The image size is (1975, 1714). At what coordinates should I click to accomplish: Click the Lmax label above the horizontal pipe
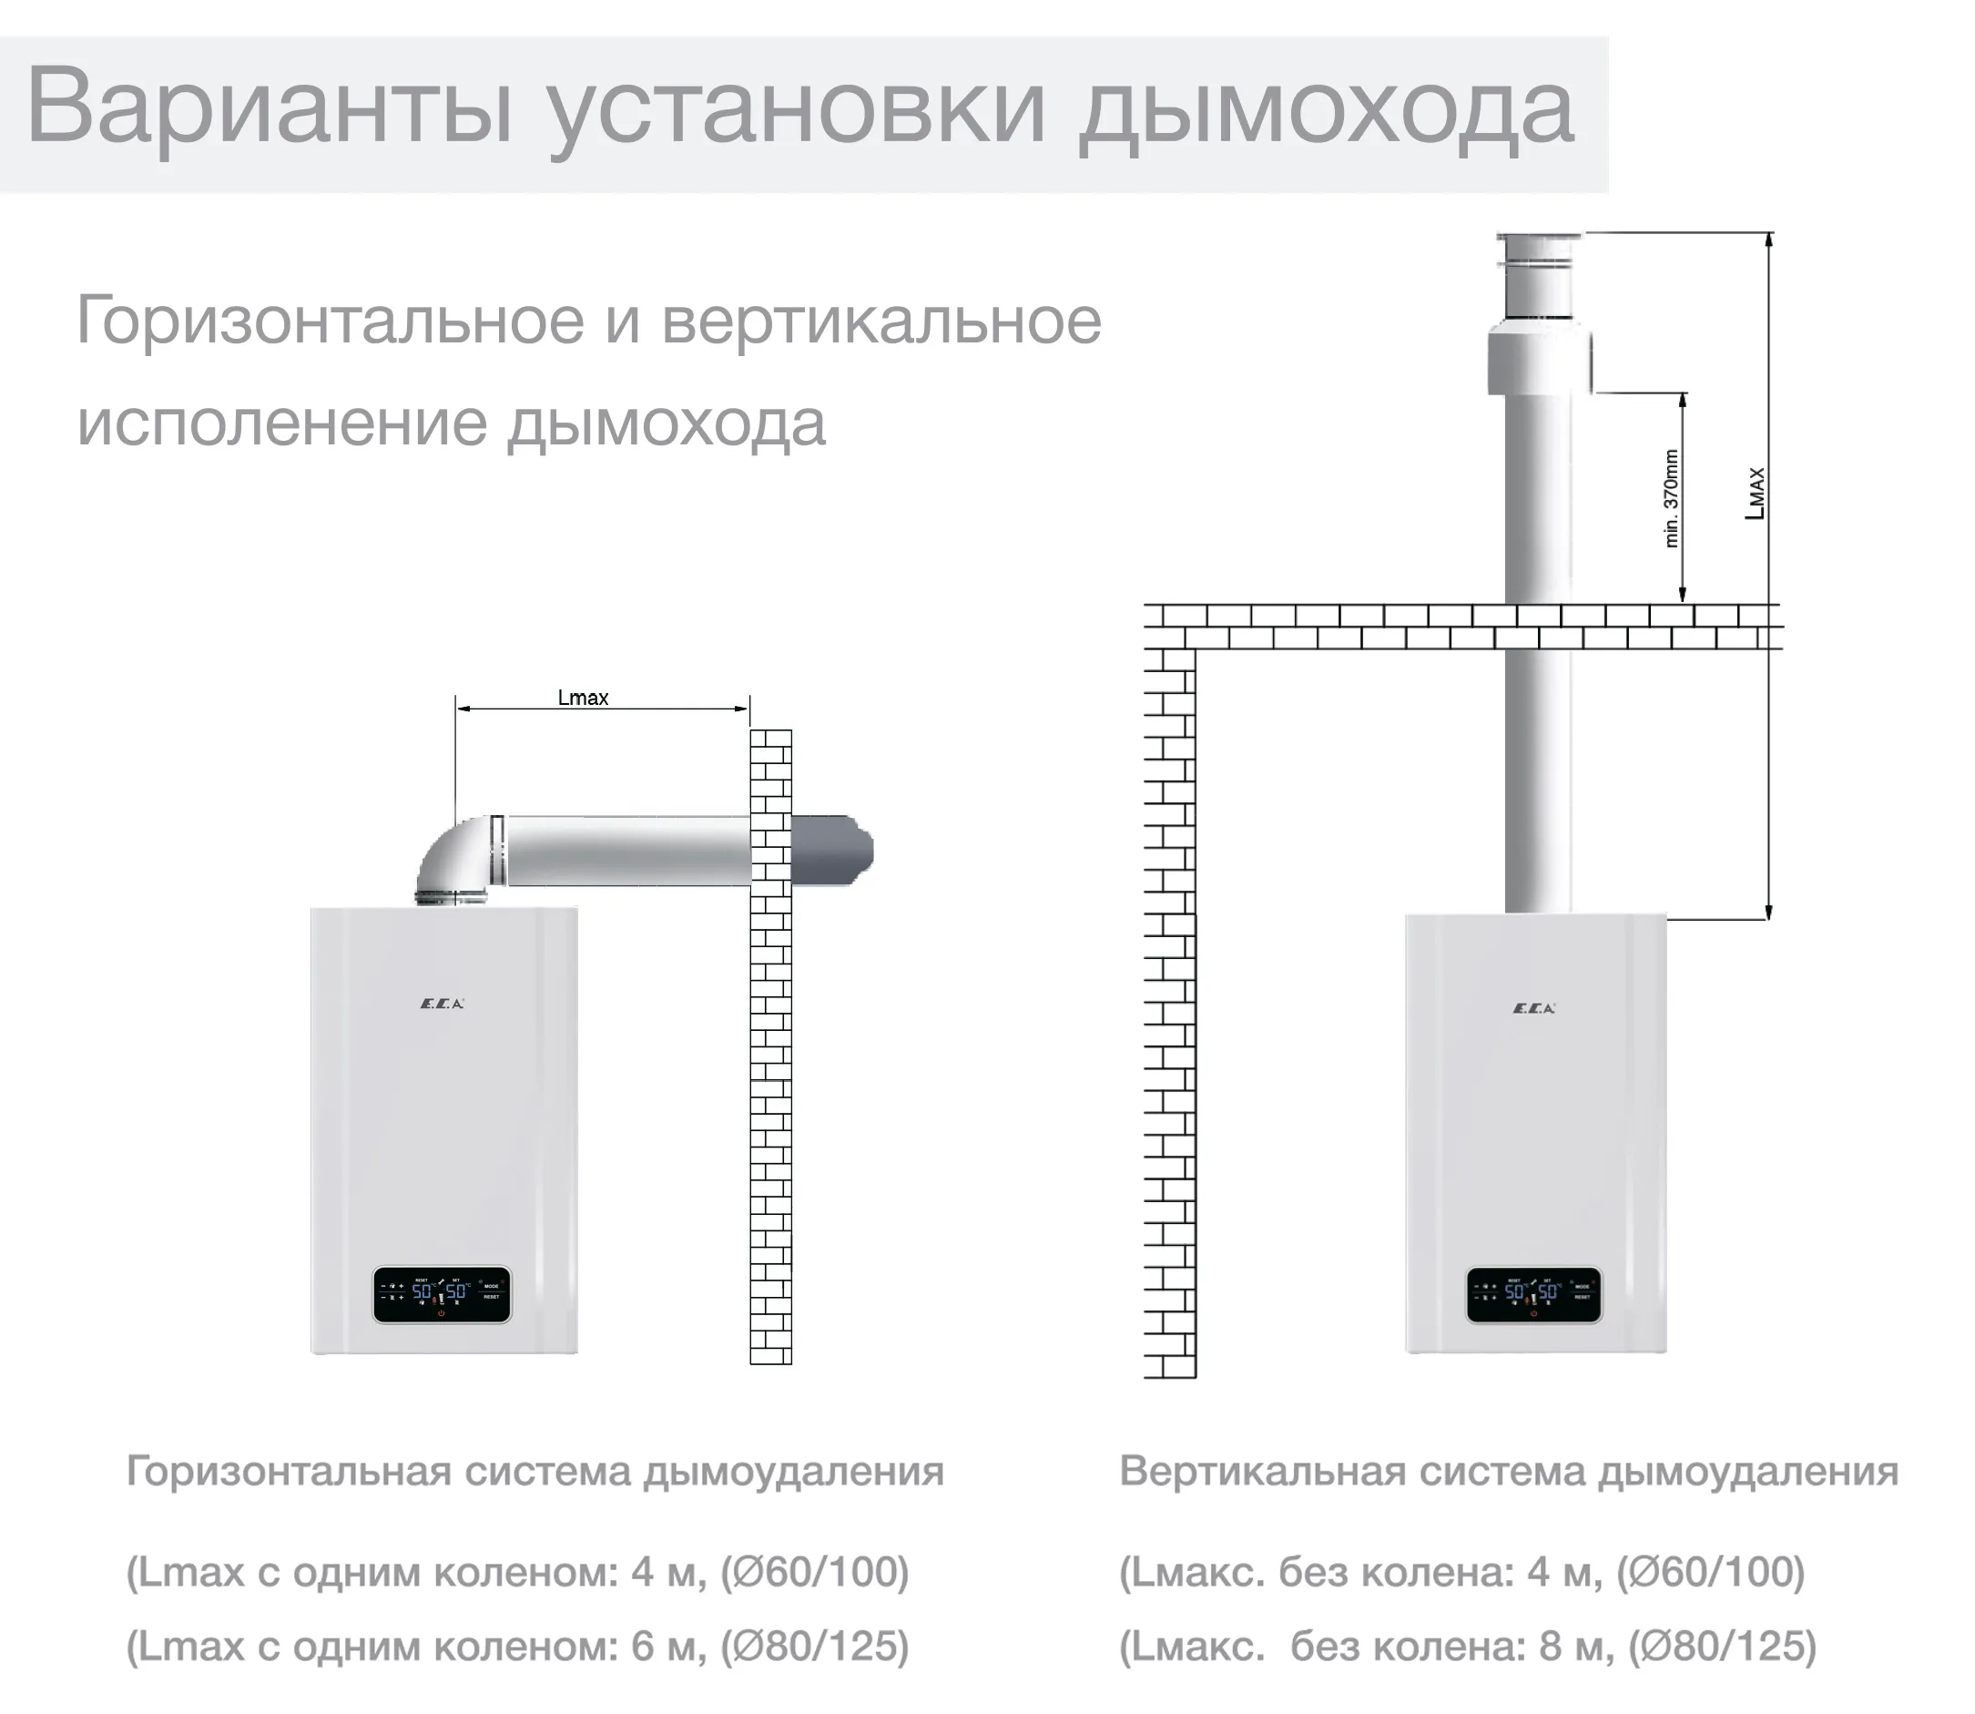(583, 699)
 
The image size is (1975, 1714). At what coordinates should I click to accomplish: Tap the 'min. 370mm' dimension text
(1671, 498)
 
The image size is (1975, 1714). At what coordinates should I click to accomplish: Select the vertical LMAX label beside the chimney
(1755, 494)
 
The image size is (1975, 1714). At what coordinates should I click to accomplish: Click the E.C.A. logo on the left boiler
(442, 1004)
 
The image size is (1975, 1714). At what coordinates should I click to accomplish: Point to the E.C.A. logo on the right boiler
(1534, 1007)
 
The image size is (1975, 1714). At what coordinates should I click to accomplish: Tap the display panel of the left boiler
(442, 1295)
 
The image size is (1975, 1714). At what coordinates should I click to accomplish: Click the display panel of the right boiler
(1534, 1295)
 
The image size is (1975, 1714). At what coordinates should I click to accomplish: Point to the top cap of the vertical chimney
(1538, 250)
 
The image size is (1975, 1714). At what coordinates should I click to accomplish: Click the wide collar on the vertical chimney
(1538, 362)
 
